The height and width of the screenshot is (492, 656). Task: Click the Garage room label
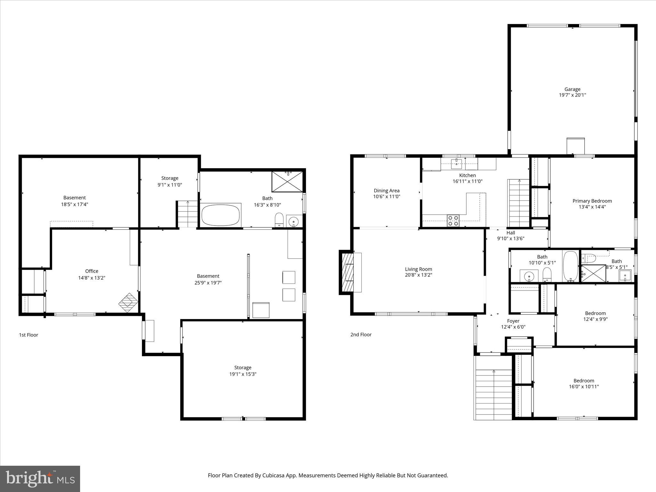pos(572,89)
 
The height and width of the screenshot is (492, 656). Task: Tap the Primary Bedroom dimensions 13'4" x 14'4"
pos(592,207)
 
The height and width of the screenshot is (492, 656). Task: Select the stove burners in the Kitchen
pos(453,221)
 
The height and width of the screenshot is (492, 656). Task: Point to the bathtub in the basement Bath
pos(220,215)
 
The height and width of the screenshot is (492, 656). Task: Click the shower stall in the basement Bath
pos(287,182)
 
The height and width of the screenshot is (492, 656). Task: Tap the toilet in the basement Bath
pos(279,220)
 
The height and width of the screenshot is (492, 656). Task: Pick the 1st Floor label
pos(29,335)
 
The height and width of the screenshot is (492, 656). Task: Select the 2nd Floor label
pos(361,335)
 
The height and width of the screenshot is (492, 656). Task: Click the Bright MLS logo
pos(40,479)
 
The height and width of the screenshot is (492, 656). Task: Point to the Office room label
pos(92,271)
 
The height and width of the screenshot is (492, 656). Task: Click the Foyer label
pos(513,321)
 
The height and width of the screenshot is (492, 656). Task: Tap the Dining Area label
pos(387,191)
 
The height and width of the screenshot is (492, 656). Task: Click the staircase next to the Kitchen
pos(518,203)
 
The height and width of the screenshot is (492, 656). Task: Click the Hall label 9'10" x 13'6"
pos(511,235)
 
